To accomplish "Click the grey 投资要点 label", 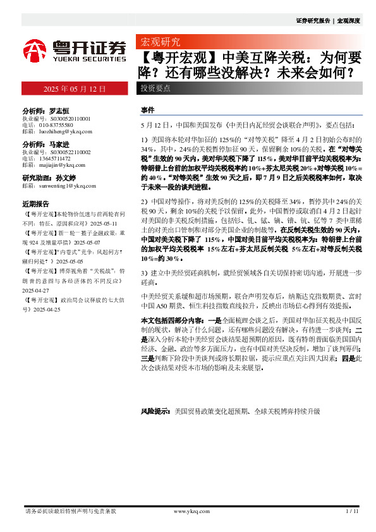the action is [155, 89].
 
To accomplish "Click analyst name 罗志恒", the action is [59, 111].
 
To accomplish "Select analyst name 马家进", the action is [59, 145].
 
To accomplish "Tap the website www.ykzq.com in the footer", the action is [189, 511].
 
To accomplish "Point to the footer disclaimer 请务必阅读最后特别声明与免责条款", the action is [70, 511].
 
